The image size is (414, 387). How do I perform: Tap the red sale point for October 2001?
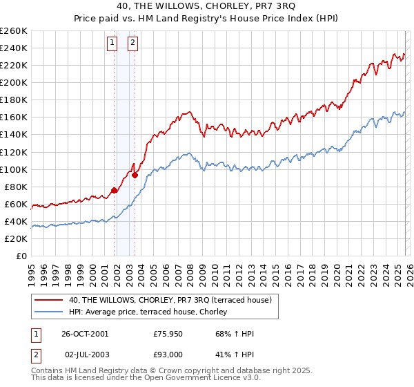[x=114, y=190]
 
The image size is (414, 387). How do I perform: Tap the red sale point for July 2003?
[x=135, y=175]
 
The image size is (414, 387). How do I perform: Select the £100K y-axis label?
[x=14, y=169]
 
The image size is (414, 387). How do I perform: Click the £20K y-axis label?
[x=16, y=238]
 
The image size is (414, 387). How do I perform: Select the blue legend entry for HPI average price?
[x=152, y=312]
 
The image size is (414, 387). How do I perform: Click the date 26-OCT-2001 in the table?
[x=84, y=334]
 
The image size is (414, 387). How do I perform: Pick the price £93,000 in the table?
[x=168, y=355]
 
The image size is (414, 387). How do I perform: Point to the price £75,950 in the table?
[x=168, y=334]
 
